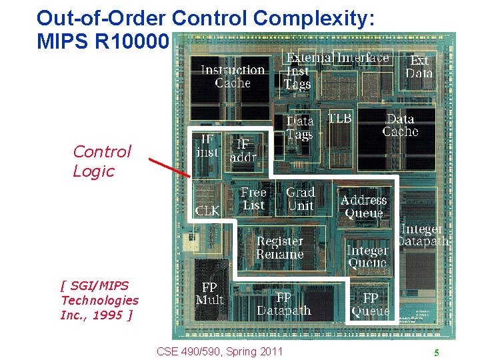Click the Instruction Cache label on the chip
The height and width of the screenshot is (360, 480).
coord(233,76)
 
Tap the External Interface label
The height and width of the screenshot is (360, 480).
coord(338,58)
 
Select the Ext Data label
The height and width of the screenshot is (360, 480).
coord(419,67)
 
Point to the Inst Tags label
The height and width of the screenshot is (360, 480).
coord(297,77)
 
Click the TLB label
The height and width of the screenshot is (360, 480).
coord(339,119)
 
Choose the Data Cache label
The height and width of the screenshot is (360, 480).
coord(400,125)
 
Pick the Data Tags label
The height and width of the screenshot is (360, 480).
coord(299,128)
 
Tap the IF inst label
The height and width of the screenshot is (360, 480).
coord(207,145)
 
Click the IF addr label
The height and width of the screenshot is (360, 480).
coord(243,151)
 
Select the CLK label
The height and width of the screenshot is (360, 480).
coord(207,211)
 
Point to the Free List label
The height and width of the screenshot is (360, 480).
coord(253,199)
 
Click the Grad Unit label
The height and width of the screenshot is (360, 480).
coord(300,199)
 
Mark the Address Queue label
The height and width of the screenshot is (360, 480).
coord(363,207)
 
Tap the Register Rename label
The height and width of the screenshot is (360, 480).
coord(280,248)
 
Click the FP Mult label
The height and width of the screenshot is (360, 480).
coord(209,293)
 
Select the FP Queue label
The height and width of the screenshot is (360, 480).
coord(371,304)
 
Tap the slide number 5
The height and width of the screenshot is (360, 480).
coord(436,353)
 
